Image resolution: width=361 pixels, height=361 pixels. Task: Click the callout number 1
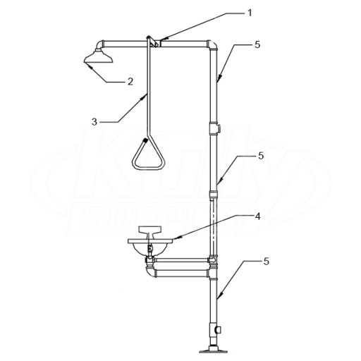coord(250,13)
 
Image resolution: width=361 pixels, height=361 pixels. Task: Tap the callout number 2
coord(130,82)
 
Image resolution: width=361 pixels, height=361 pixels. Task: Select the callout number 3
coord(94,122)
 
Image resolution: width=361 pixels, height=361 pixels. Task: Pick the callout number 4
coord(258,216)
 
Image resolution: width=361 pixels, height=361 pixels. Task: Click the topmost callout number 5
coord(257,44)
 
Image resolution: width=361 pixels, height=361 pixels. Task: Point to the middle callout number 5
coord(261,156)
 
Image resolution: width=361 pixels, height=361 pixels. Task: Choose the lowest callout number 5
coord(267,262)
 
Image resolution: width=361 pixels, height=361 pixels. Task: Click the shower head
coord(99,56)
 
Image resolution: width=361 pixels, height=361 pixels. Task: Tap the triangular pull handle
coord(149,155)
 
